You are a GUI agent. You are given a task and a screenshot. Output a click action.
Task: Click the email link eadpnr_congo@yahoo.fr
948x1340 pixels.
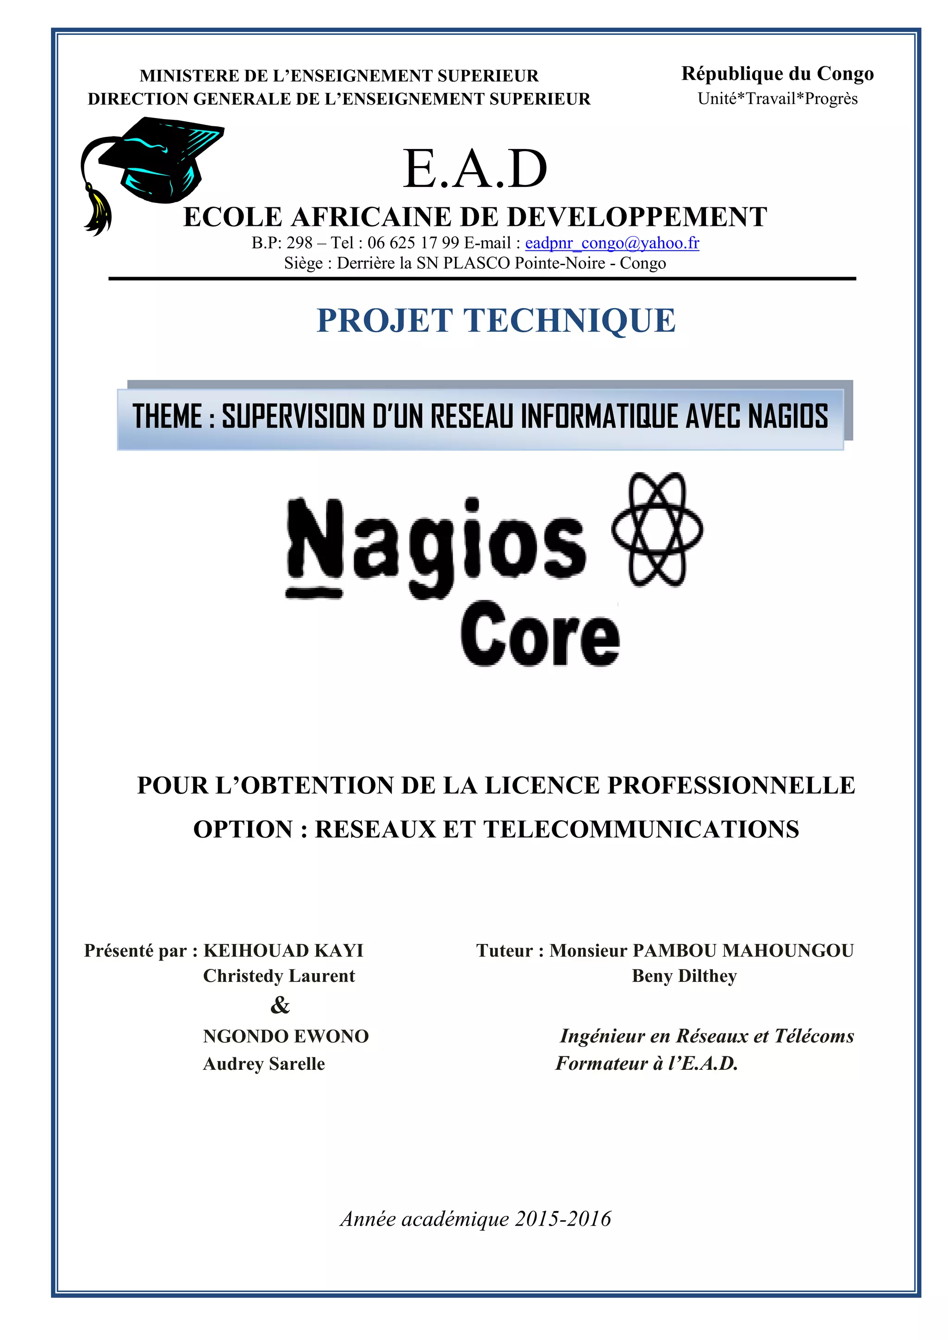pyautogui.click(x=612, y=243)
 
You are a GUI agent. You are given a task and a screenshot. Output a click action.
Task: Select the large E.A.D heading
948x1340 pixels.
pyautogui.click(x=475, y=169)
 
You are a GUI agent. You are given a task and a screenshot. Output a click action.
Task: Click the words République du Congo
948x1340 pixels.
pyautogui.click(x=777, y=74)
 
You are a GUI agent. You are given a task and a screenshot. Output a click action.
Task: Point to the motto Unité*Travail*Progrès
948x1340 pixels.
pyautogui.click(x=778, y=99)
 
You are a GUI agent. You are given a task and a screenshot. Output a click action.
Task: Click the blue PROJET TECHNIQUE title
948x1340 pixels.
pyautogui.click(x=496, y=320)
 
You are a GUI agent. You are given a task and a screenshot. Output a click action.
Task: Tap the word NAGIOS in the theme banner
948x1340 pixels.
pyautogui.click(x=787, y=417)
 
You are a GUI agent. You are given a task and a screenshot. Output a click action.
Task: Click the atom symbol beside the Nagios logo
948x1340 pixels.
pyautogui.click(x=657, y=529)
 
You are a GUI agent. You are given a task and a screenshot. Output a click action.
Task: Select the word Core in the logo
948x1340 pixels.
pyautogui.click(x=540, y=634)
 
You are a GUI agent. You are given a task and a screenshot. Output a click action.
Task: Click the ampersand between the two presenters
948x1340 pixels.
pyautogui.click(x=280, y=1005)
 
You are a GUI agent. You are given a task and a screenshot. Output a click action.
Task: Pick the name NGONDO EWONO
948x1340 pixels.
pyautogui.click(x=286, y=1036)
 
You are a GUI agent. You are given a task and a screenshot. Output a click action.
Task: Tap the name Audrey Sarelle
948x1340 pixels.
pyautogui.click(x=264, y=1063)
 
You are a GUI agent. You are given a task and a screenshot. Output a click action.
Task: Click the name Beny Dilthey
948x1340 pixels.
pyautogui.click(x=684, y=976)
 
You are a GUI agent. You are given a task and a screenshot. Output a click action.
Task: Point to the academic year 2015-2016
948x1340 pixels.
pyautogui.click(x=563, y=1219)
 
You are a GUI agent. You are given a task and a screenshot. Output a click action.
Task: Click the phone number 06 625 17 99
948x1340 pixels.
pyautogui.click(x=413, y=243)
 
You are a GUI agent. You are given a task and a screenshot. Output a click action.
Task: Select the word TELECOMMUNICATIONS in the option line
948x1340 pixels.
pyautogui.click(x=641, y=829)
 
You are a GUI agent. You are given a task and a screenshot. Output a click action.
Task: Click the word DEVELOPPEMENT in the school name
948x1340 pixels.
pyautogui.click(x=637, y=217)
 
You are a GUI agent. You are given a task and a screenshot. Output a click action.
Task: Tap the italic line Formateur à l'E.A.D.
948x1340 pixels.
pyautogui.click(x=647, y=1063)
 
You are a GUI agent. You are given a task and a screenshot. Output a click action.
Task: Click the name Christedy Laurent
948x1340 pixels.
pyautogui.click(x=279, y=976)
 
